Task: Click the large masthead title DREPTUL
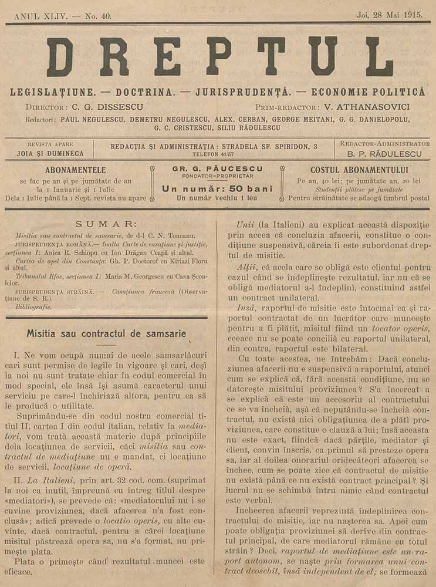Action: pos(219,56)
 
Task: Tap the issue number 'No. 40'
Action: pos(97,16)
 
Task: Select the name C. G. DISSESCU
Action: pos(109,107)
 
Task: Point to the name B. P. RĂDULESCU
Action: pos(384,153)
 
